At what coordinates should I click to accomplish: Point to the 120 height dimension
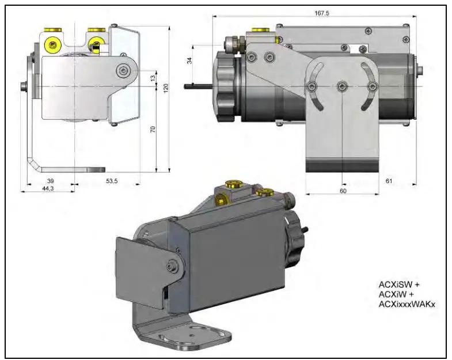tap(165, 88)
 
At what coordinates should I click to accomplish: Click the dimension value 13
tap(153, 77)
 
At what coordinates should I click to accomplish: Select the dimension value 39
tap(50, 181)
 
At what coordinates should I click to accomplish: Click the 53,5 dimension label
tap(111, 181)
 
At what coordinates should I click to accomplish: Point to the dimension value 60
tap(343, 190)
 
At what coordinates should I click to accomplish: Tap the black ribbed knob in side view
tap(226, 86)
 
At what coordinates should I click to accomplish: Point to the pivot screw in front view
tap(122, 70)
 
